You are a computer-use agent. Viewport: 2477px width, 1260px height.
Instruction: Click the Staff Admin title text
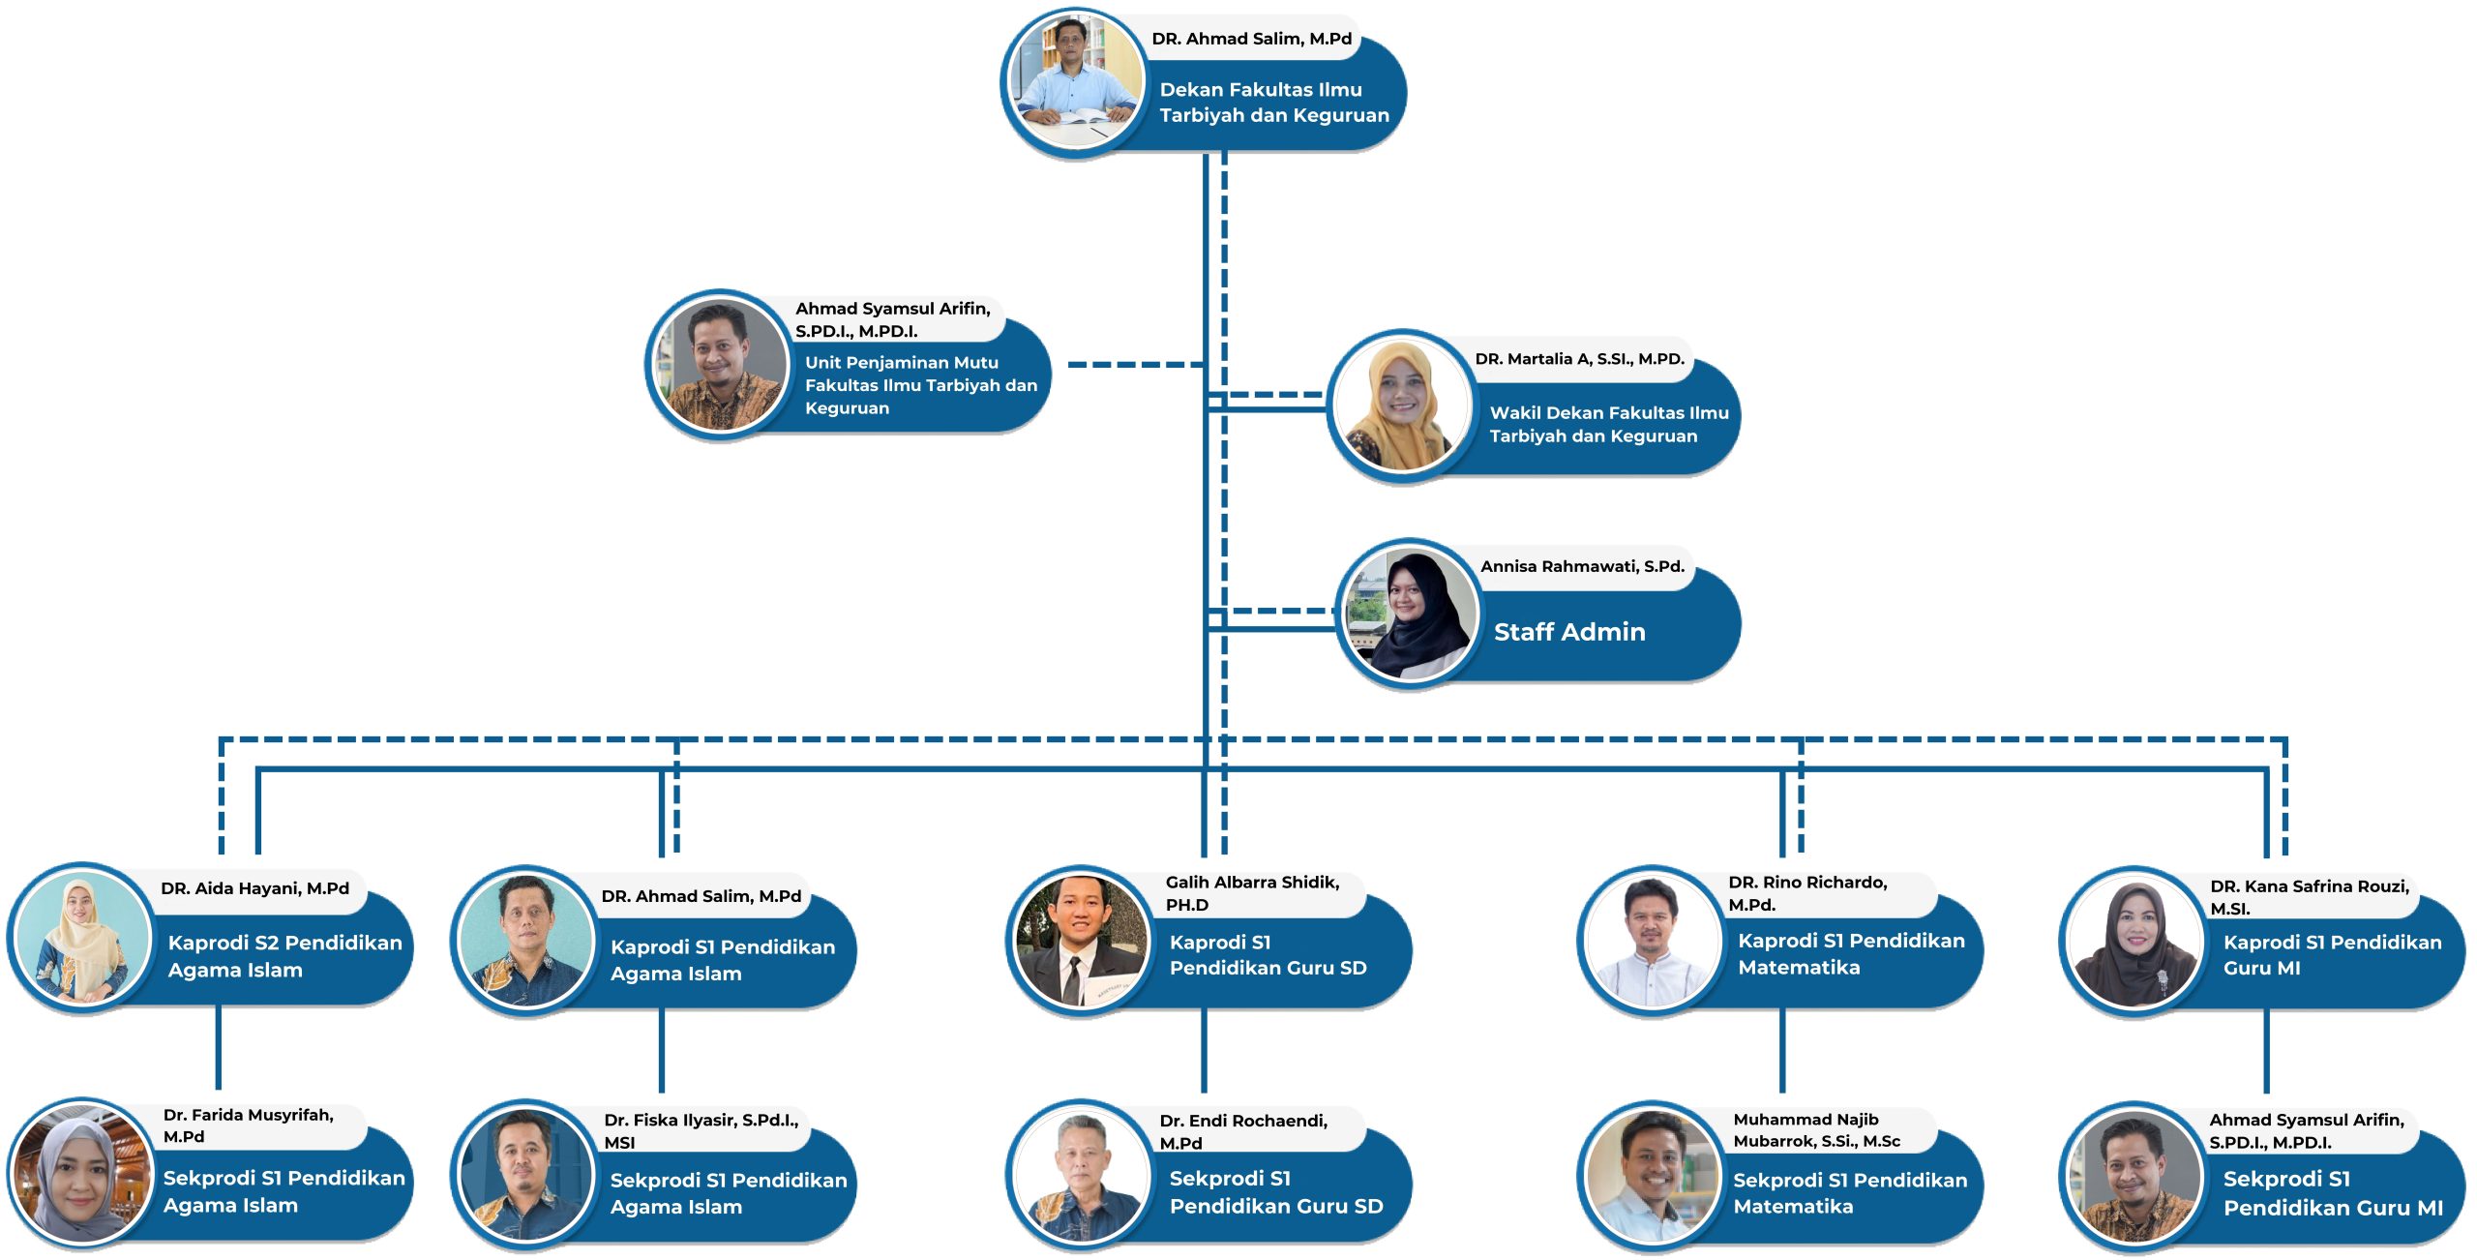pos(1568,632)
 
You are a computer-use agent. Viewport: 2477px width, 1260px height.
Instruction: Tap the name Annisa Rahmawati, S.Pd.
pos(1581,566)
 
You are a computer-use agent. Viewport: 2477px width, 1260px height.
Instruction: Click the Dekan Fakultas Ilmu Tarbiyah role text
pos(1272,103)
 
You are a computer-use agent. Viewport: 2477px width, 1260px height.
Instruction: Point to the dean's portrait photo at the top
pos(1074,81)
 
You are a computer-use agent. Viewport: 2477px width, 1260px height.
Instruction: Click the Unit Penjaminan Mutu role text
pos(919,385)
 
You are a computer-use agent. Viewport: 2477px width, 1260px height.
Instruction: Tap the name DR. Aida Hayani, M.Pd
pos(254,888)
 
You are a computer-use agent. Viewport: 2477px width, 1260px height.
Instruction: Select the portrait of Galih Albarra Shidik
pos(1081,939)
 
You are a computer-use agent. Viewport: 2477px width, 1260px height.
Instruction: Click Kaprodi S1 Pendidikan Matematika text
pos(1850,953)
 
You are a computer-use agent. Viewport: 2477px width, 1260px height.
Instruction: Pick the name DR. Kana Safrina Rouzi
pos(2308,897)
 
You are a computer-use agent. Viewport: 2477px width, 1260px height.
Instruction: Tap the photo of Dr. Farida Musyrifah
pos(81,1174)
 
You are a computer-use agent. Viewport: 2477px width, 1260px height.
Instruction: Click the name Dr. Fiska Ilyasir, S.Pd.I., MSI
pos(701,1130)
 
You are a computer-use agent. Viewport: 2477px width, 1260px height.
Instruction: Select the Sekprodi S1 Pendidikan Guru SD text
pos(1274,1192)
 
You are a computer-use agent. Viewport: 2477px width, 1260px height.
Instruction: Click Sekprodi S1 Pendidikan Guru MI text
pos(2332,1193)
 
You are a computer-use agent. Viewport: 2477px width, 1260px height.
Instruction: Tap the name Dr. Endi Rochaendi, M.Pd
pos(1242,1131)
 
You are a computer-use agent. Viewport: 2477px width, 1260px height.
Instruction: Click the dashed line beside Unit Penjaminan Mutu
pos(1134,365)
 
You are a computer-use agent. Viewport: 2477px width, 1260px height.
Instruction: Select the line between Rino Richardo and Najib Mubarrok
pos(1781,1050)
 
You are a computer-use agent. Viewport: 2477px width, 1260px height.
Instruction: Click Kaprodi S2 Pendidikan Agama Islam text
pos(284,956)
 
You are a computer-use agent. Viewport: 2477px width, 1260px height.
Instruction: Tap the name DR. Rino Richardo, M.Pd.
pos(1806,893)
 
